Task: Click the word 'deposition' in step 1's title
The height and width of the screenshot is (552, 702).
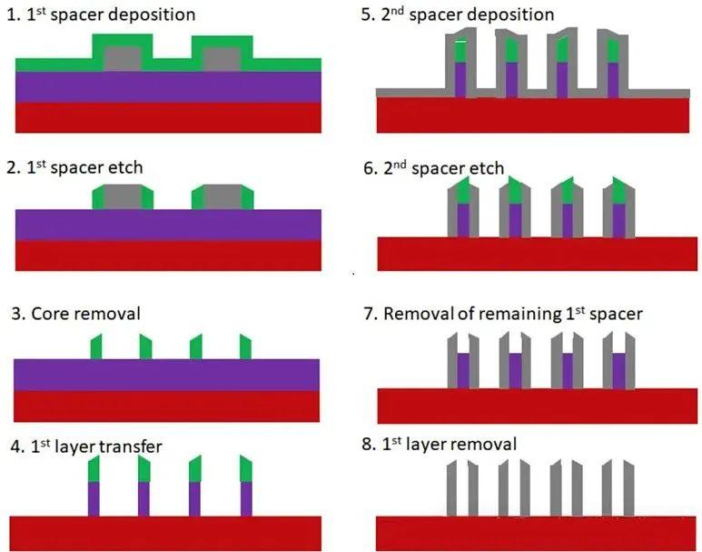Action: click(x=152, y=15)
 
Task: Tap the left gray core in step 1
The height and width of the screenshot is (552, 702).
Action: click(x=123, y=59)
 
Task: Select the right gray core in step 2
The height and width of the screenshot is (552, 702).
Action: click(x=222, y=197)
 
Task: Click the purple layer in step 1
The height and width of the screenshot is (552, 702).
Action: click(x=168, y=87)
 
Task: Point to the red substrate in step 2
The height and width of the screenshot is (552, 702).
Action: click(x=168, y=256)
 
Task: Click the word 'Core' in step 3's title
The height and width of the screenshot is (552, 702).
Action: click(x=48, y=314)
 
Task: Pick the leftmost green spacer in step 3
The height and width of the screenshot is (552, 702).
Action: click(x=96, y=347)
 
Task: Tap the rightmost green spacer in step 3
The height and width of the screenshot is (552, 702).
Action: click(x=245, y=347)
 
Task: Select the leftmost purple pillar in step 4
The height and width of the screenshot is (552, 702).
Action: click(x=94, y=499)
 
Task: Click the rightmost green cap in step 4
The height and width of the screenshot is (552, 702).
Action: click(x=246, y=469)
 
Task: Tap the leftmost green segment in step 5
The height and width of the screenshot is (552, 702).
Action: click(x=460, y=50)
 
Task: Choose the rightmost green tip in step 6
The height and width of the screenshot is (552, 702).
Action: click(x=618, y=191)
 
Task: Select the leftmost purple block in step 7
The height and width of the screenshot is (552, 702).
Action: click(x=463, y=370)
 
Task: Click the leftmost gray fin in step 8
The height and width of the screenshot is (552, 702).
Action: click(x=452, y=487)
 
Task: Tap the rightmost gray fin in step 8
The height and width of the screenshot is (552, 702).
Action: click(x=628, y=487)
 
